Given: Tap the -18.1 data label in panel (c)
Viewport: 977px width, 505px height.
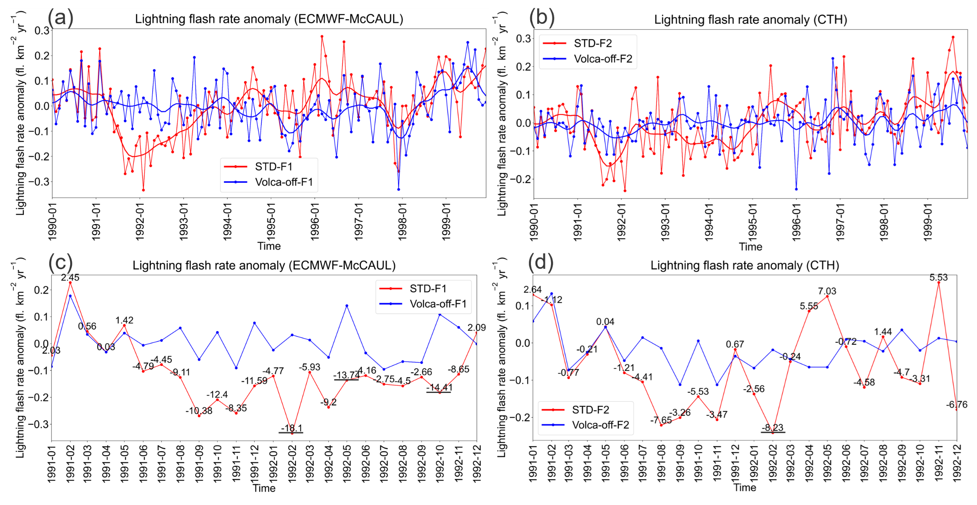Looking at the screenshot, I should coord(291,428).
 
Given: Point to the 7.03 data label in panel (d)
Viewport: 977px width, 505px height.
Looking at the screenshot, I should coord(827,291).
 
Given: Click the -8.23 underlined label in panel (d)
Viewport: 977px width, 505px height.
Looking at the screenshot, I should coord(772,428).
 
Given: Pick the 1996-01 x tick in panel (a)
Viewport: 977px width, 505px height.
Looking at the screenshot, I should coord(315,222).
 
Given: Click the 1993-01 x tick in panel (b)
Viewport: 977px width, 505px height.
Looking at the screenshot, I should coord(665,222).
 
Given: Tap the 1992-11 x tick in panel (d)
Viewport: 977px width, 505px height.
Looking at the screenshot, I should coord(939,463).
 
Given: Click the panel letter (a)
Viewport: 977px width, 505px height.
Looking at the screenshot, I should coord(61,18).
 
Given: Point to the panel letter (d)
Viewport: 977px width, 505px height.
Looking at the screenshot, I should coord(541,262).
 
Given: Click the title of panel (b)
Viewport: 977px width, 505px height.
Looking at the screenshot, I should coord(750,20).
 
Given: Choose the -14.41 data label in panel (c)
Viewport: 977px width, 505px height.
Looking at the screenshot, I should coord(439,388).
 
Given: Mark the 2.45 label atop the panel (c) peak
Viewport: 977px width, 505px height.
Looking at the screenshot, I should coord(70,278).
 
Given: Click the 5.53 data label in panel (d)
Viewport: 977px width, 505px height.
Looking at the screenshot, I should coord(939,278).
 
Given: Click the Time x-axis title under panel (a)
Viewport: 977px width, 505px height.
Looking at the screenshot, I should coord(269,246).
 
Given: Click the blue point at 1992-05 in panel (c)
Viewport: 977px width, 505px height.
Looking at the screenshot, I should coord(347,306).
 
